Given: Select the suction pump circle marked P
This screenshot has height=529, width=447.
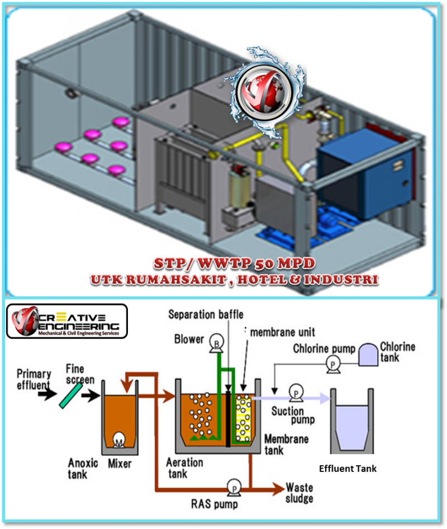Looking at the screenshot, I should [294, 393].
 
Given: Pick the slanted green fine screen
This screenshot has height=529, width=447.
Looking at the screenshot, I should [70, 394].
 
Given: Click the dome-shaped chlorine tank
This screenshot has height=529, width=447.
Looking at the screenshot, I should [368, 356].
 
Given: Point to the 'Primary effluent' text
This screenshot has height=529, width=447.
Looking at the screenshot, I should [34, 379].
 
